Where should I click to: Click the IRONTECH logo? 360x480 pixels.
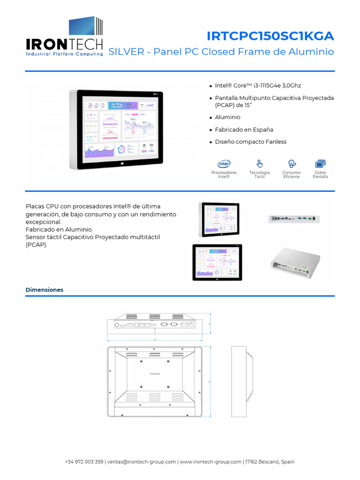coord(64,37)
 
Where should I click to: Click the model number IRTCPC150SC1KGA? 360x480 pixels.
coord(270,36)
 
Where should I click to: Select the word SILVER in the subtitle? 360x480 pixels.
coord(126,52)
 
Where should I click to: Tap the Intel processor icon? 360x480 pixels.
coord(224,164)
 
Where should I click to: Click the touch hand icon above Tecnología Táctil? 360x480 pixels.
coord(259,164)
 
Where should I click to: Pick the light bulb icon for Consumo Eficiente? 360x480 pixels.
coord(292,164)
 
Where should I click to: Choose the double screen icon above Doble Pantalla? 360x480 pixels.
coord(321,164)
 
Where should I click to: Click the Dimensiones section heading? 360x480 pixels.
coord(44,290)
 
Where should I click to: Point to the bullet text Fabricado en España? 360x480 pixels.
coord(244,129)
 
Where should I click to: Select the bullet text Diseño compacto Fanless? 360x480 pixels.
coord(250,142)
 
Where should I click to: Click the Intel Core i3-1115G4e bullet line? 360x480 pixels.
coord(258,86)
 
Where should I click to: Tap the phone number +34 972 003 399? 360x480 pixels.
coord(84,462)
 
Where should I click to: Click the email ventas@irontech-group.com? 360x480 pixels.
coord(141,462)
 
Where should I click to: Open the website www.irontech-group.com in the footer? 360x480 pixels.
coord(210,462)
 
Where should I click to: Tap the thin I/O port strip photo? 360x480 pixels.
coord(294,218)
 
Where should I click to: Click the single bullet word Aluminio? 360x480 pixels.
coord(227,117)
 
